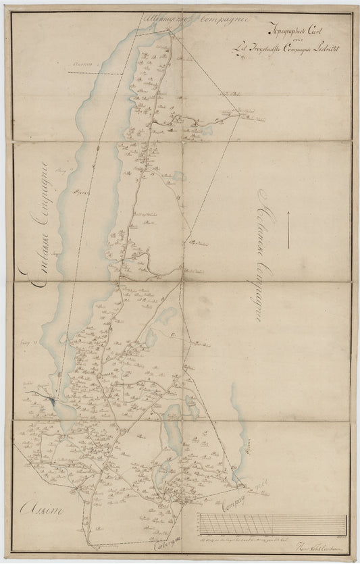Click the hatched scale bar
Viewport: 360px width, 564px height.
click(270, 525)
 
